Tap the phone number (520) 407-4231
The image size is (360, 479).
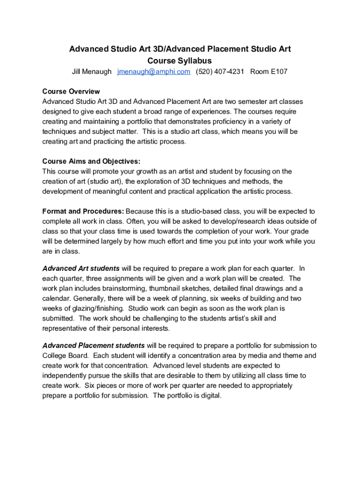(220, 72)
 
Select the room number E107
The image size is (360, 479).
(269, 72)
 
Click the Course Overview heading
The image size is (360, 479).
(71, 91)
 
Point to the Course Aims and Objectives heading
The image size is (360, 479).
(91, 161)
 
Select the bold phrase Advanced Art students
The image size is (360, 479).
(81, 269)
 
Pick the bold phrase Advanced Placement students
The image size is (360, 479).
(94, 346)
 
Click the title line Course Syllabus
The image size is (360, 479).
(180, 61)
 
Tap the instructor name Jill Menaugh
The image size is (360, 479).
(92, 72)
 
